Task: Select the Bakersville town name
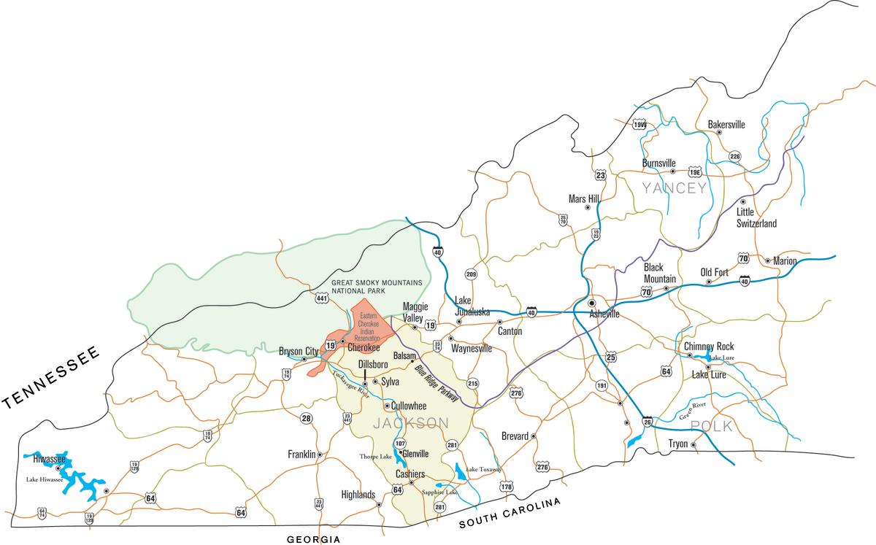[726, 125]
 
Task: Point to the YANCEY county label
[675, 189]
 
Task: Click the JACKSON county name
[411, 423]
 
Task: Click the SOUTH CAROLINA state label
[509, 514]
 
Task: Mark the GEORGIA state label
[313, 538]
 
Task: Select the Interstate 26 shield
[648, 421]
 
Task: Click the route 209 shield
[471, 275]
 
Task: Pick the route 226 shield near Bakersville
[735, 156]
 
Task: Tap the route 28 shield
[306, 418]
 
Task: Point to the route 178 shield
[506, 487]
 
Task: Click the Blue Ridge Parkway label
[437, 384]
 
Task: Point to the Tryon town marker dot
[693, 444]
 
